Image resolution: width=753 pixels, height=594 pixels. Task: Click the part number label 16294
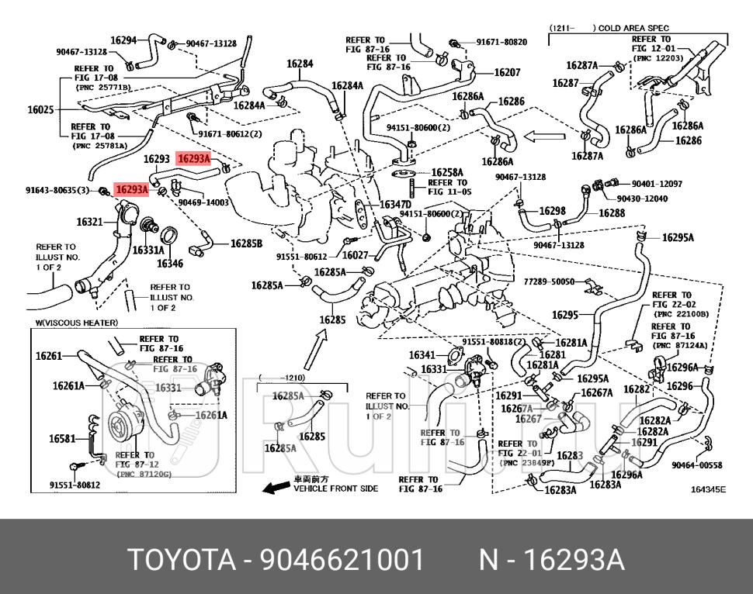click(123, 40)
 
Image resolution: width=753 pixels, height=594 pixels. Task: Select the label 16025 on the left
click(40, 110)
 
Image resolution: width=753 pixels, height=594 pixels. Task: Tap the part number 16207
click(507, 73)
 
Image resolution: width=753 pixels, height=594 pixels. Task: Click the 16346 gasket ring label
click(170, 264)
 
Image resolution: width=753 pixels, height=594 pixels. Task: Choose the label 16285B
click(246, 243)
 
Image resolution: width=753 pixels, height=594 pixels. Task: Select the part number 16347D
click(395, 205)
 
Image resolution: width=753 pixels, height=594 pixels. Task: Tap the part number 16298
click(552, 211)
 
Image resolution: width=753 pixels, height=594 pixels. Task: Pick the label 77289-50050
click(549, 281)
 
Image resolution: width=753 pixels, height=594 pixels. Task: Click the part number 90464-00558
click(696, 465)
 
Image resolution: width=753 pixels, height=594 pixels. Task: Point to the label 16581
click(62, 439)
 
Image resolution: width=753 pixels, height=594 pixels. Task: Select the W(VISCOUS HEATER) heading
click(77, 323)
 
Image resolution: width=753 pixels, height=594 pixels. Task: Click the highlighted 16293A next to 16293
click(194, 158)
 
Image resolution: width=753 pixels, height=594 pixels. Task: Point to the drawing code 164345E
click(708, 489)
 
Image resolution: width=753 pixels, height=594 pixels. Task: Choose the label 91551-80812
click(75, 485)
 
